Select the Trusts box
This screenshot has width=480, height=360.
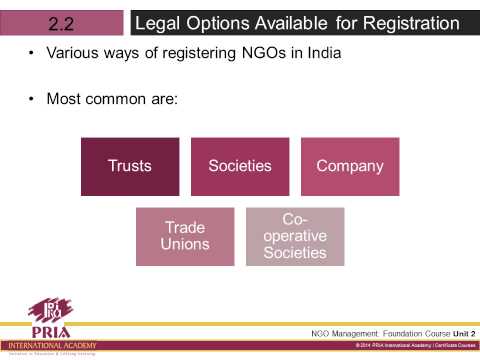pyautogui.click(x=130, y=166)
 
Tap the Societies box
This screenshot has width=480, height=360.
pyautogui.click(x=240, y=166)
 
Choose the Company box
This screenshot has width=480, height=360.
pyautogui.click(x=350, y=166)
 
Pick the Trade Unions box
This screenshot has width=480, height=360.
pyautogui.click(x=185, y=236)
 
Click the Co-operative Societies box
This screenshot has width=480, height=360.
pyautogui.click(x=295, y=236)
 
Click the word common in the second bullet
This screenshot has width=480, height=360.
pyautogui.click(x=109, y=98)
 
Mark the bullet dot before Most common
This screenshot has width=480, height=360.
pyautogui.click(x=34, y=98)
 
